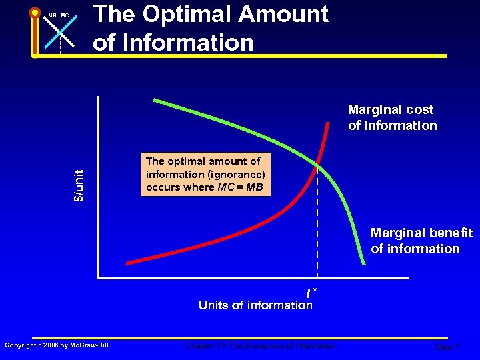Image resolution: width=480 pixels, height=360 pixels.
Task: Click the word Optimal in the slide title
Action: click(x=191, y=14)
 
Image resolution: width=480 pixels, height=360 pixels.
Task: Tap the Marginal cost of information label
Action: click(x=392, y=117)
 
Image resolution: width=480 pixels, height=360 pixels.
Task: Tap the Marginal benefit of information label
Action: click(x=421, y=241)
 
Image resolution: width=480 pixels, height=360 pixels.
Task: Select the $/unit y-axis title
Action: click(x=79, y=185)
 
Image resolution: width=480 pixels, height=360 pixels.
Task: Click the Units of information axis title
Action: click(x=255, y=305)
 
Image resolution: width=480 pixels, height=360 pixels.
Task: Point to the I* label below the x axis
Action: click(x=310, y=292)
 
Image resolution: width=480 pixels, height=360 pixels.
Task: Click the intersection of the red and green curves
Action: click(x=317, y=163)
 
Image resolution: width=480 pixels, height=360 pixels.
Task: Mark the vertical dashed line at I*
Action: click(x=317, y=227)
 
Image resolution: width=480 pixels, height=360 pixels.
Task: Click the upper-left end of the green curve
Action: click(x=155, y=101)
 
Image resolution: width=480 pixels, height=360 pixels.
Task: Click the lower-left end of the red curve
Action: click(x=128, y=262)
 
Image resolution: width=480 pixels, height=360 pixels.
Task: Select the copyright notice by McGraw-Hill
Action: click(x=56, y=345)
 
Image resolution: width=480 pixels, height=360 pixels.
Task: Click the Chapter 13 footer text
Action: click(x=261, y=346)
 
